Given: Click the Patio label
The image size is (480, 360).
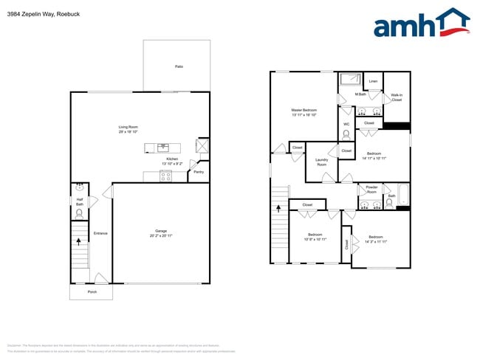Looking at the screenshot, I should [x=179, y=66].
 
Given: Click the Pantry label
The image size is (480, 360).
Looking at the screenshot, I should [x=198, y=172].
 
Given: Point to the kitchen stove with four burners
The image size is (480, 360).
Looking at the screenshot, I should [x=165, y=176].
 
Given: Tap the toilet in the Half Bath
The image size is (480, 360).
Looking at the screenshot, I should [x=80, y=214].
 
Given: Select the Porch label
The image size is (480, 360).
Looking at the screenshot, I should [x=92, y=291].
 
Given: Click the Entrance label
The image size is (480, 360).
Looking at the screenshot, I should [x=100, y=233].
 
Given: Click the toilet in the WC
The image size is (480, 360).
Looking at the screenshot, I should [x=346, y=135].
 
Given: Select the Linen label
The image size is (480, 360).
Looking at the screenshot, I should [x=373, y=81].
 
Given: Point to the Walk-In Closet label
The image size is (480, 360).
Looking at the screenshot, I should [x=397, y=97].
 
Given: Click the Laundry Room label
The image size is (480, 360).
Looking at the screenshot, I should [x=321, y=162].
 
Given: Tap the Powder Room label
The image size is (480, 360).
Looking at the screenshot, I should [x=371, y=190].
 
